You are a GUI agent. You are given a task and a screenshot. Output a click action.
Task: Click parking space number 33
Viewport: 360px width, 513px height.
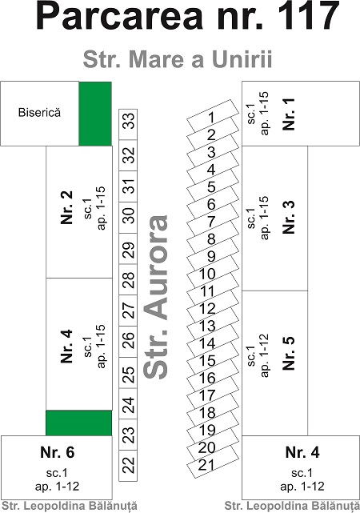click(x=128, y=124)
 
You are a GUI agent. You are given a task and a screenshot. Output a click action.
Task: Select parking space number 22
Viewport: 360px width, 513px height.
click(x=128, y=465)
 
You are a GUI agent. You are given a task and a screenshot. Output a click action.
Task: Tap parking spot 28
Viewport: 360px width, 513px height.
click(x=128, y=279)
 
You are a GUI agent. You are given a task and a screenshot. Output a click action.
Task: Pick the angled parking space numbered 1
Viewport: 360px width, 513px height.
click(x=213, y=117)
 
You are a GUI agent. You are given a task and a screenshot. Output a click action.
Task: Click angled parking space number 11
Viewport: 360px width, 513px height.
click(x=213, y=291)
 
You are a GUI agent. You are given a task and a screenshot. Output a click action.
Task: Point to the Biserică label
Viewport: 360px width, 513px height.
click(x=39, y=113)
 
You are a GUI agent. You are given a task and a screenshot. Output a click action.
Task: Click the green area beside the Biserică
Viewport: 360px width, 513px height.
click(x=95, y=114)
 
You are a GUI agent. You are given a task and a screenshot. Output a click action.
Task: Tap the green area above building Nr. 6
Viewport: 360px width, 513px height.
click(x=79, y=423)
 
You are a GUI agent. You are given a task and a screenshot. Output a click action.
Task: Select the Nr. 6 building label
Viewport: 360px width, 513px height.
click(x=58, y=452)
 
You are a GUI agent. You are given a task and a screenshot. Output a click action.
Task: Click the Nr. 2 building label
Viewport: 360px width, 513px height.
click(x=66, y=207)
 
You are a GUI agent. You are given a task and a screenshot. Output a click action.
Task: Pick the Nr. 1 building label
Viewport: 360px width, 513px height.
click(x=289, y=114)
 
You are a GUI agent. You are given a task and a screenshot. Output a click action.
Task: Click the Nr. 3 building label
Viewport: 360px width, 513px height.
click(x=289, y=217)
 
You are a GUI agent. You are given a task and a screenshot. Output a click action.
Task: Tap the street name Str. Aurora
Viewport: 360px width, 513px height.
click(x=156, y=297)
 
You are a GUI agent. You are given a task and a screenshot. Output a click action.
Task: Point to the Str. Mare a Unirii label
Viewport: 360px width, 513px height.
click(x=178, y=59)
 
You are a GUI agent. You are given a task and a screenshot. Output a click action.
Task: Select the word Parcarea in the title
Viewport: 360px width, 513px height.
click(x=120, y=15)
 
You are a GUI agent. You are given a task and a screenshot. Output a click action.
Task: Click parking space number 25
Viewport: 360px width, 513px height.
click(x=128, y=372)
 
